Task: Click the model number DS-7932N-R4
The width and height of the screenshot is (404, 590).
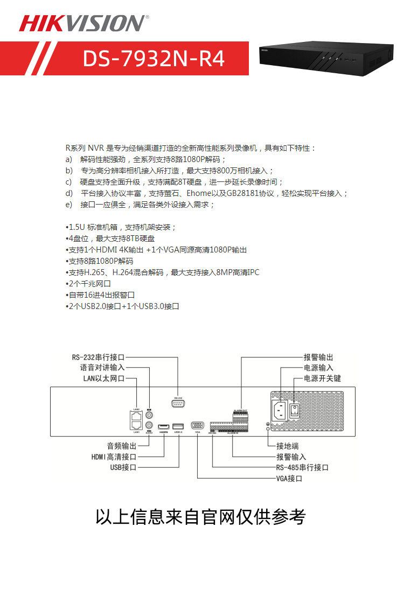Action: point(154,59)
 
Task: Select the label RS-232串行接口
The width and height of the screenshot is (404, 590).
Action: point(99,357)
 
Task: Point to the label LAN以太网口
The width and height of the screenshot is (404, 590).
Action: point(104,378)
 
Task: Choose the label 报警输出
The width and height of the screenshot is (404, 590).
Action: point(318,357)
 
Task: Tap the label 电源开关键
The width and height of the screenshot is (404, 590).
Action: point(322,378)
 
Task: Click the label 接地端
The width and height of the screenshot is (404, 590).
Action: point(288,446)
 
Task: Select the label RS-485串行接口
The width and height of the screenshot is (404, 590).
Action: point(302,467)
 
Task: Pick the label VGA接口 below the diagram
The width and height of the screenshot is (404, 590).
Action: point(289,478)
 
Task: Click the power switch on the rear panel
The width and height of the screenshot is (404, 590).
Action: point(295,411)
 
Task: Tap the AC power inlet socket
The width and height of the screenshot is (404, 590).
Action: point(280,411)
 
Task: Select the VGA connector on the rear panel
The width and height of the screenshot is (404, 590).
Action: point(198,425)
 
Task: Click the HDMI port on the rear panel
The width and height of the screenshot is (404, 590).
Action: point(164,426)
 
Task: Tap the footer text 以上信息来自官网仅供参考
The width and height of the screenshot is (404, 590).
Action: point(200,517)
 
